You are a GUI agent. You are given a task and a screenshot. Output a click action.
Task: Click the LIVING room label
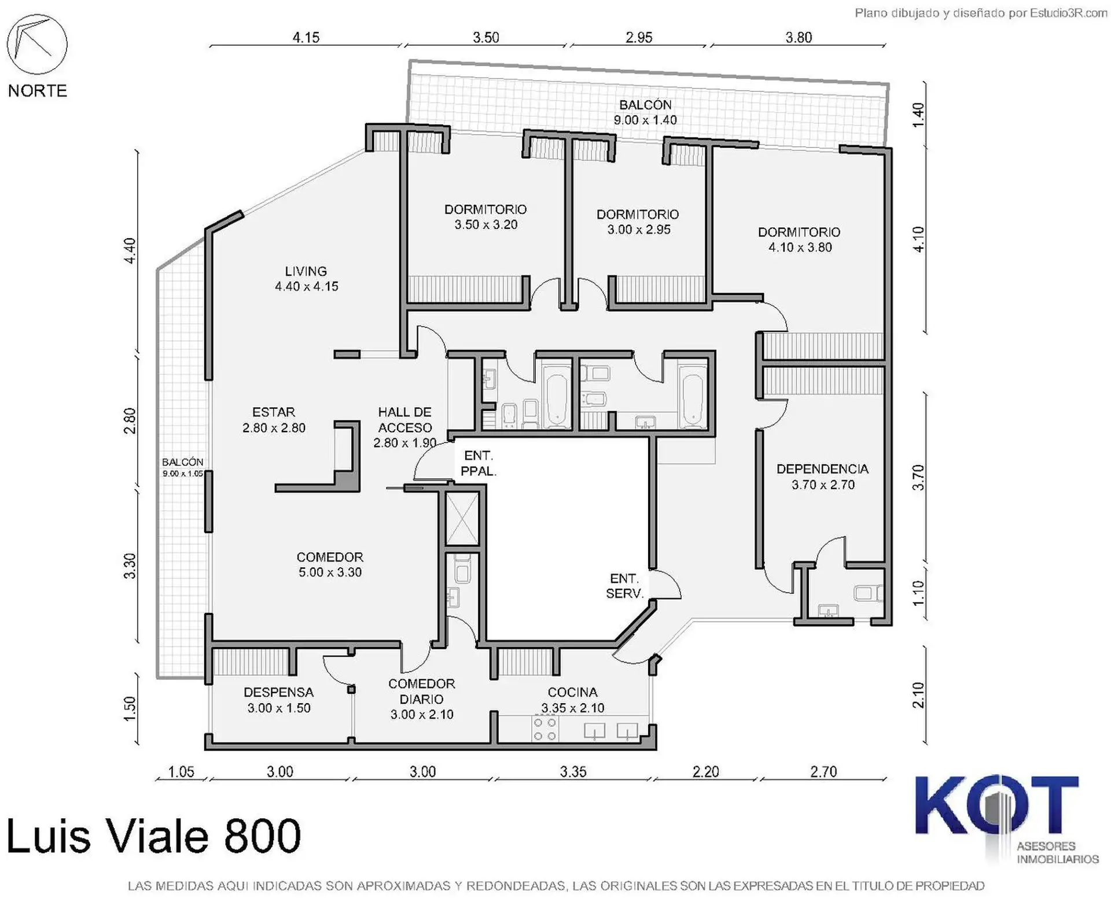tap(306, 271)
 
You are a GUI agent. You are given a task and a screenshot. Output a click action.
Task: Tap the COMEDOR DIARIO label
tap(421, 691)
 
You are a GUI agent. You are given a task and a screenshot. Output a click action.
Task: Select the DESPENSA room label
tap(278, 692)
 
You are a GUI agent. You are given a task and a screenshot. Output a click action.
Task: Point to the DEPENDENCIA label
tap(822, 469)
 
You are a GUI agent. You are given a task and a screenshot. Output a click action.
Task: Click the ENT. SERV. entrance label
tap(624, 586)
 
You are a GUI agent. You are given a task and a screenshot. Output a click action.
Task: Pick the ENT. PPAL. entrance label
tap(478, 463)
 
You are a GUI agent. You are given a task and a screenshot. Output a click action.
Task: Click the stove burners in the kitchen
tap(545, 729)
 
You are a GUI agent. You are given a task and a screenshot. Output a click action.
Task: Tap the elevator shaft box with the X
tap(462, 518)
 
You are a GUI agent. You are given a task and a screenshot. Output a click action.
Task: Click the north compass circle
tap(37, 45)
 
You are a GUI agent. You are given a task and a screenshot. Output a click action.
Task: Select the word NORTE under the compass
tap(38, 91)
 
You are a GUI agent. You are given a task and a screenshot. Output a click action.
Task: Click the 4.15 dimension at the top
tap(306, 38)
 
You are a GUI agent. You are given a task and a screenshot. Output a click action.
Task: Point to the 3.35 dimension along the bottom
tap(573, 771)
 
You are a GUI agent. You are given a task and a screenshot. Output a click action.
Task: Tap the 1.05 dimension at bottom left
tap(181, 771)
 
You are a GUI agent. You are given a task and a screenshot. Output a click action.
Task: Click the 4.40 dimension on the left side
tap(130, 250)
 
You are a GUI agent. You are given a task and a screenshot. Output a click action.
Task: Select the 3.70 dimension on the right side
tap(918, 478)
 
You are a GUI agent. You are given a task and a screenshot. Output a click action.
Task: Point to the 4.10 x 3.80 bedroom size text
tap(800, 247)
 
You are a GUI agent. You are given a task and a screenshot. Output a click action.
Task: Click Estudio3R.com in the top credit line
tap(1068, 13)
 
